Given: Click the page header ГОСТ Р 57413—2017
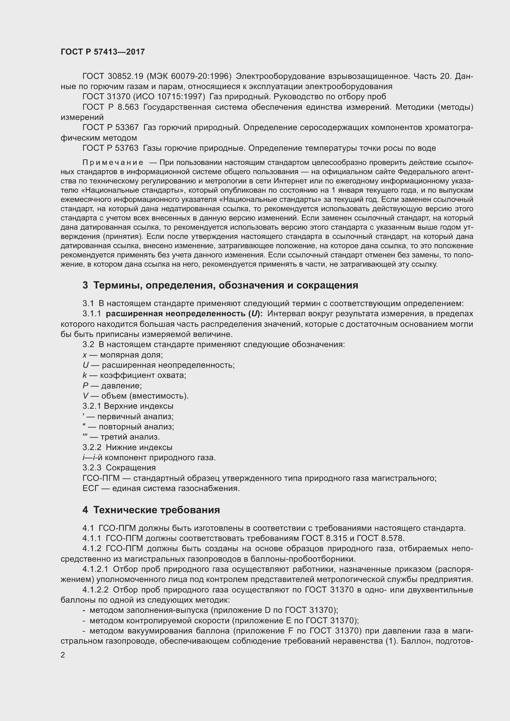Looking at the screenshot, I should (x=103, y=52).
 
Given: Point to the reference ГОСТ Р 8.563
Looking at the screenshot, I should (x=111, y=107).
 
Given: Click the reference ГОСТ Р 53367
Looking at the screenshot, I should (x=111, y=128).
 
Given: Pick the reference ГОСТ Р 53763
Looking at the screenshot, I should (x=111, y=148).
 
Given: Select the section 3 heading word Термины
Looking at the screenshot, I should (x=117, y=285).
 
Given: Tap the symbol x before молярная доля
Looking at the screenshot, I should (x=84, y=355).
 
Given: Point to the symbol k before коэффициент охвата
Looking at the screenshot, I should (x=84, y=375).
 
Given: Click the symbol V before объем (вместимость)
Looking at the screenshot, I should (x=85, y=396).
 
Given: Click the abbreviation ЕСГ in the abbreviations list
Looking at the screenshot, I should (x=91, y=489).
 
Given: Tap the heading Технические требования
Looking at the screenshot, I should (x=156, y=510).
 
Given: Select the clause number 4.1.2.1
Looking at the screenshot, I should (x=95, y=569).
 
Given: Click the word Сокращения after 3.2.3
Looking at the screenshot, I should (x=131, y=468).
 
